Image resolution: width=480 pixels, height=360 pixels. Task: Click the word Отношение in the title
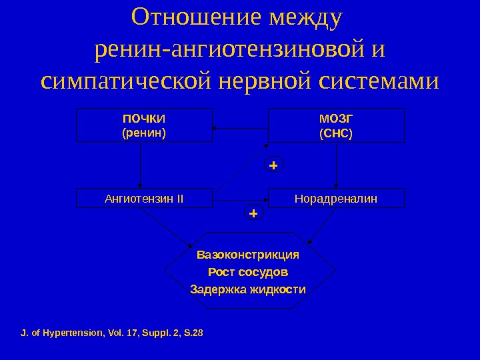point(195,18)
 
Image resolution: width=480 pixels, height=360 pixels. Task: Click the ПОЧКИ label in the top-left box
point(144,119)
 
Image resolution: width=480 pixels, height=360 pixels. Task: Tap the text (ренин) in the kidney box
point(144,132)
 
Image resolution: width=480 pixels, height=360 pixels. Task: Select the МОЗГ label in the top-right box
point(336,119)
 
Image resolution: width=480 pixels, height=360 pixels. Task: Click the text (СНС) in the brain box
point(336,133)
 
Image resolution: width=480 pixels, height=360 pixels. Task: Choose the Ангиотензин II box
point(144,198)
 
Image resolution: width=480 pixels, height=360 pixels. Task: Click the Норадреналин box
point(336,198)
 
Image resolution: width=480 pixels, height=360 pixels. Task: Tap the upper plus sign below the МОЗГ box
point(273,163)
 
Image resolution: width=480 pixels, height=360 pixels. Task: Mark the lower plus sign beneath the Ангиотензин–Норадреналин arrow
point(253,213)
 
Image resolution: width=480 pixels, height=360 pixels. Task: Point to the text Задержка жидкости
point(248,289)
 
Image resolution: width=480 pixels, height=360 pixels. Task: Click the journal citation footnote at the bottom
point(112,331)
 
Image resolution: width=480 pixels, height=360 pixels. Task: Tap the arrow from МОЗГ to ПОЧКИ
point(240,127)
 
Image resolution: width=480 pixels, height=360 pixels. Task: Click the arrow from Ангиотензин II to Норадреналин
point(240,199)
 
